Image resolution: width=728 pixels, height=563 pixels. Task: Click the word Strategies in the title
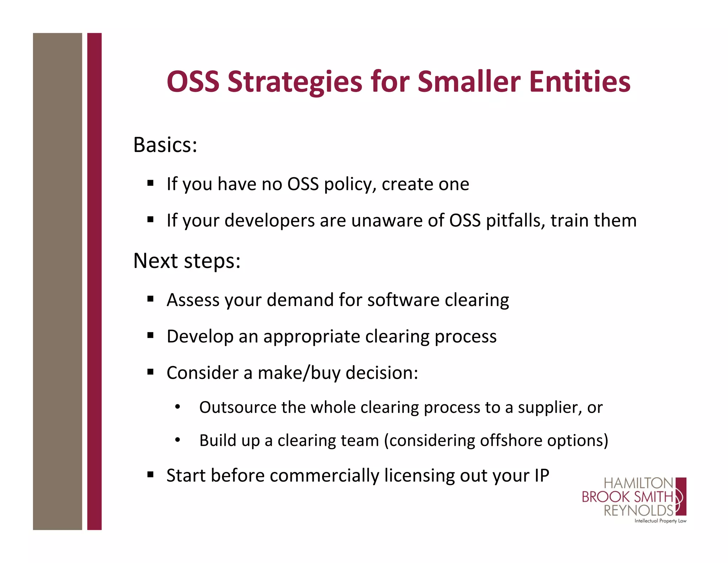click(x=294, y=82)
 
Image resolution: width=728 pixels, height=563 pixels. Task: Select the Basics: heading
click(x=165, y=145)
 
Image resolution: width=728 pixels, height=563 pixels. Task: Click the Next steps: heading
click(x=187, y=261)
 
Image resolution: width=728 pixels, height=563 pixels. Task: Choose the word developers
click(x=270, y=221)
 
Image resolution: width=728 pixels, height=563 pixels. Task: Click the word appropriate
click(x=311, y=337)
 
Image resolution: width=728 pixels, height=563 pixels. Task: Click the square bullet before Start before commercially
click(x=150, y=475)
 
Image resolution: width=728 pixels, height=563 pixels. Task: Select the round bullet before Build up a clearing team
click(x=178, y=441)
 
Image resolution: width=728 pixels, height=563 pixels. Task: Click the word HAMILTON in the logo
click(x=638, y=483)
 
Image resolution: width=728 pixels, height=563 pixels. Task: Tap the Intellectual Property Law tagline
click(x=660, y=521)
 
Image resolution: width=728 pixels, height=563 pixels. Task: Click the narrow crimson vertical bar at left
click(x=94, y=281)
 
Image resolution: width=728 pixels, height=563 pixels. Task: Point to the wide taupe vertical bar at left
click(x=57, y=281)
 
